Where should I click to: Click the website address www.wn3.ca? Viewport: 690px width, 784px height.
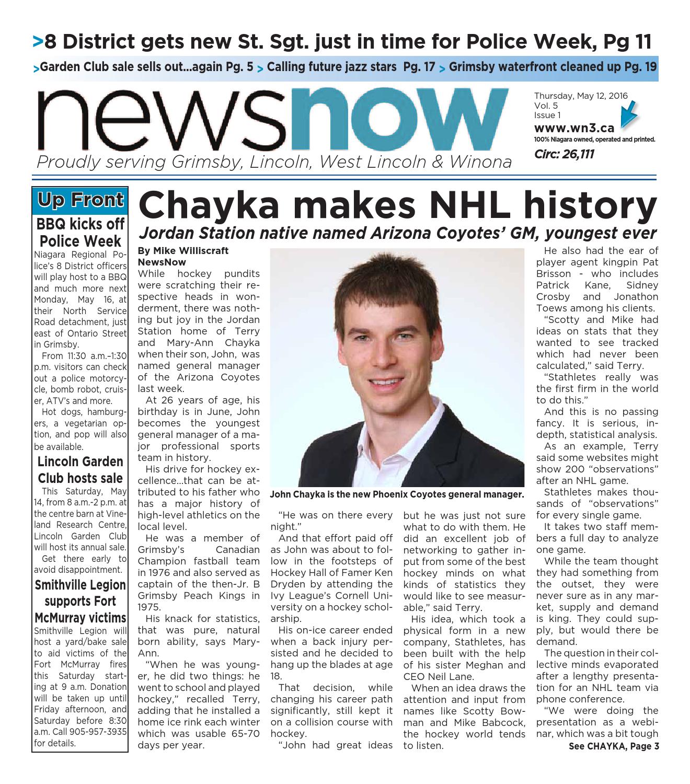574,128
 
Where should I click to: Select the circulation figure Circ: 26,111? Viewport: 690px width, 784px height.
564,154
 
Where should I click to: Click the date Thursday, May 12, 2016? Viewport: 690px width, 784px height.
581,96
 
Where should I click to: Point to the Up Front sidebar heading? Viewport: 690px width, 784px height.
80,200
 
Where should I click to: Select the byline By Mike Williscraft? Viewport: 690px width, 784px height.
183,250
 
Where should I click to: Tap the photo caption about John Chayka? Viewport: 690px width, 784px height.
396,494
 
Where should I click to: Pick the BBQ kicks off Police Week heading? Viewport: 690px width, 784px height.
80,233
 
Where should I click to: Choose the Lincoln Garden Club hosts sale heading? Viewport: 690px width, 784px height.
80,469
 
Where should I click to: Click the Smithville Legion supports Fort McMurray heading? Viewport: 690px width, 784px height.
80,601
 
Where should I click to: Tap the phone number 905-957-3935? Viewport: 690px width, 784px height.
99,732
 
